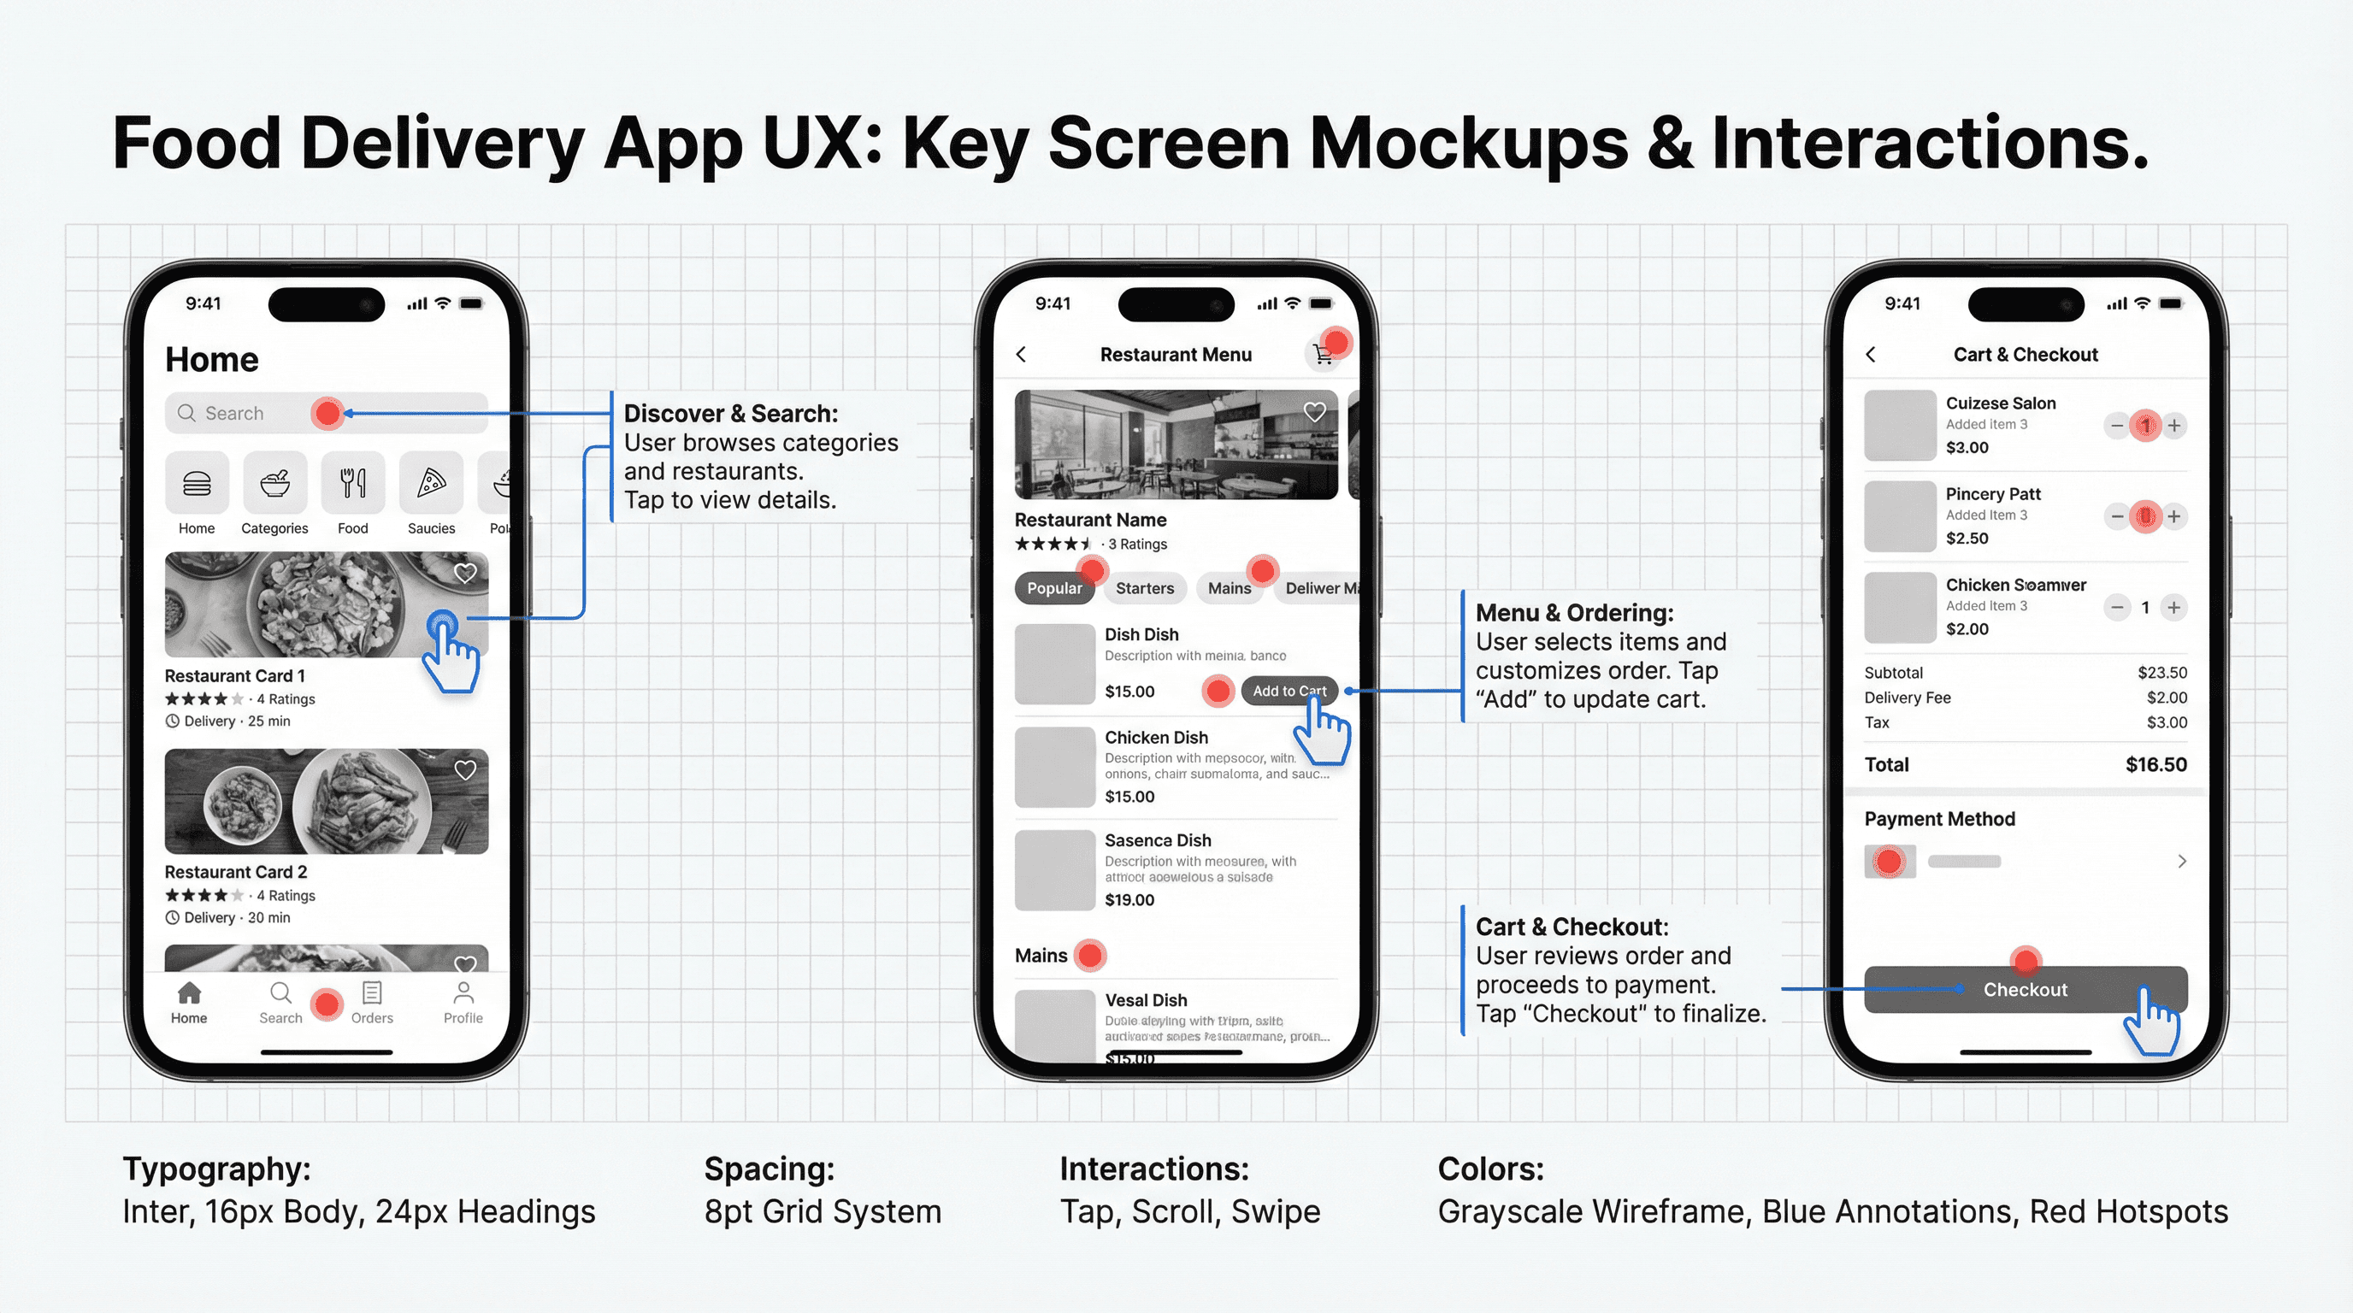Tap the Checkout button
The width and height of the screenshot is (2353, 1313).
point(2024,990)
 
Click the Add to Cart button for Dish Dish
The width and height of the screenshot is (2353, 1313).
point(1288,692)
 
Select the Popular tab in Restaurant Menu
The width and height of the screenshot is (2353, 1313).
point(1053,588)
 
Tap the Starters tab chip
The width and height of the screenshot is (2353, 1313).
point(1144,588)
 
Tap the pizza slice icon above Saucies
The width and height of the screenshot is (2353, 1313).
point(431,483)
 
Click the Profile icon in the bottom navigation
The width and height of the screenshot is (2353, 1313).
point(463,992)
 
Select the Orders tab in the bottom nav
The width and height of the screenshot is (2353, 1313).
point(372,1002)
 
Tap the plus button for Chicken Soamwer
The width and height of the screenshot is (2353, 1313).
point(2174,607)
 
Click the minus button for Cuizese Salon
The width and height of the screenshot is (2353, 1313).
point(2116,426)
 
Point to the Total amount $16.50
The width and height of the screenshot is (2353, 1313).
point(2155,765)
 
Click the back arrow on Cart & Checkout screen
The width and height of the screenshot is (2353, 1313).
point(1871,354)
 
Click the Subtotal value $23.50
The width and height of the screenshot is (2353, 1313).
point(2161,673)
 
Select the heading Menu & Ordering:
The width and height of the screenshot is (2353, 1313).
point(1574,613)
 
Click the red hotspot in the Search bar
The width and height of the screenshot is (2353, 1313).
point(326,414)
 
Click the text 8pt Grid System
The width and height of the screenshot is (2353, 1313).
point(822,1211)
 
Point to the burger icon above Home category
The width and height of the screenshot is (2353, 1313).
point(197,483)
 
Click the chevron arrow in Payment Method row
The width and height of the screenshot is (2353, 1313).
point(2181,861)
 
